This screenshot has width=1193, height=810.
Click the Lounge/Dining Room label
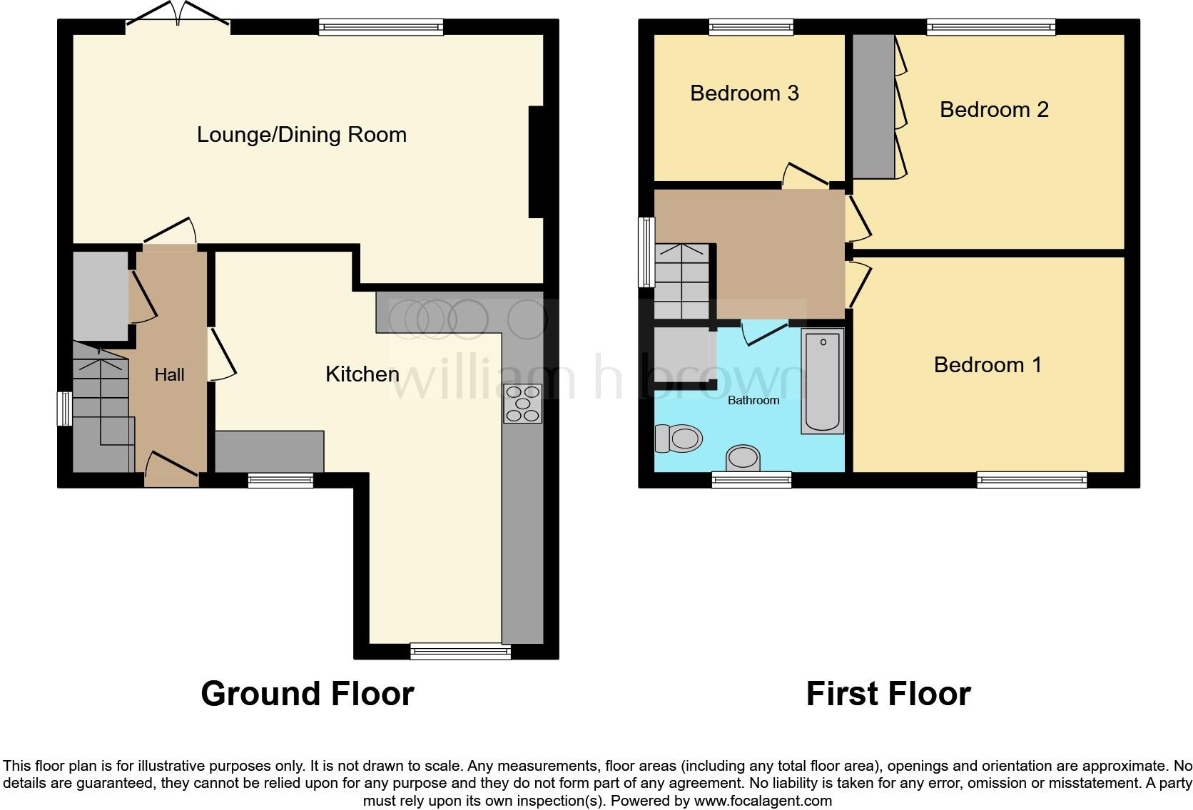pos(301,135)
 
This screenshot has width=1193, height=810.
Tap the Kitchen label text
pos(362,374)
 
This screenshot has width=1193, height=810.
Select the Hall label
pos(169,375)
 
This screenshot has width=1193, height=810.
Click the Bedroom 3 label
pos(743,93)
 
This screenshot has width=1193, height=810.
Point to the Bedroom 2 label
pos(993,110)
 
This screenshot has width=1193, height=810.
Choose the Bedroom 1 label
pos(987,365)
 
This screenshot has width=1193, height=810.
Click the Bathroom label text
pos(753,401)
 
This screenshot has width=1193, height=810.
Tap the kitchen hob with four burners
pos(522,404)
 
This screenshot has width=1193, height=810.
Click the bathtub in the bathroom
pos(822,381)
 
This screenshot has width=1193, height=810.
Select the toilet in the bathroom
pos(678,438)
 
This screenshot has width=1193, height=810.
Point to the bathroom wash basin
pos(743,458)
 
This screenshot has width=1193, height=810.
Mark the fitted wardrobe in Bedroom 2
pos(873,106)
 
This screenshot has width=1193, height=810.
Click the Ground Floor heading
pos(307,694)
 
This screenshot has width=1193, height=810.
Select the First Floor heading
pos(888,694)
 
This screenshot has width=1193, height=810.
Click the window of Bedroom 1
pos(1031,480)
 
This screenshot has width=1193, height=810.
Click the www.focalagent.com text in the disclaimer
pos(763,801)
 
